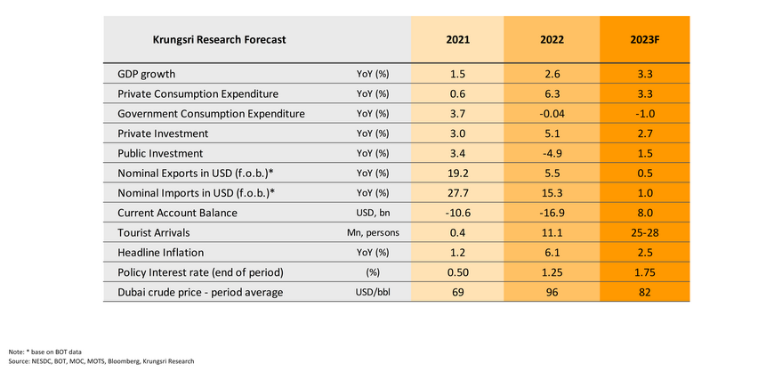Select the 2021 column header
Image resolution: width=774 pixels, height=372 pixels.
click(458, 40)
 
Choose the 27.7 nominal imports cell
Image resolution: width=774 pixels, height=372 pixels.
click(458, 192)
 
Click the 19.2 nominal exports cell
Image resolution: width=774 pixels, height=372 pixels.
click(458, 173)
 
